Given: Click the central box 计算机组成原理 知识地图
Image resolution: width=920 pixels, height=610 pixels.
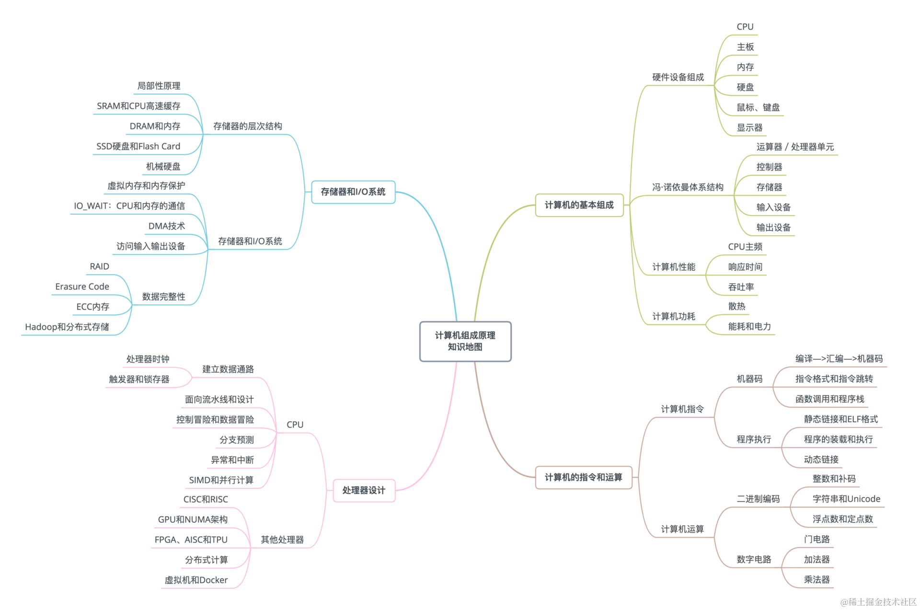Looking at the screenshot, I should (465, 341).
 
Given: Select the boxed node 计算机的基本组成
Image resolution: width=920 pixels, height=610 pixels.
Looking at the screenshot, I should (579, 205).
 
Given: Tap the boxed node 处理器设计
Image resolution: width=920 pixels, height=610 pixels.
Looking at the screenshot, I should (364, 490).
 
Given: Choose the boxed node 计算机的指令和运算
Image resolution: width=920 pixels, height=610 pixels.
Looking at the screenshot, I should (583, 477).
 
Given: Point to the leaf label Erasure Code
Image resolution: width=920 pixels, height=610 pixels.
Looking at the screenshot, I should (82, 287).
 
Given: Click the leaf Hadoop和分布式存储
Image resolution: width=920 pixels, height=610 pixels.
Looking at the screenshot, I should (67, 327).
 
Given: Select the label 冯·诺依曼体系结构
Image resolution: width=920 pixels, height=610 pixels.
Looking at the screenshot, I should (688, 187).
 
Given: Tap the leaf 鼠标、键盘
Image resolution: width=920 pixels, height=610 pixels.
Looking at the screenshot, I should (758, 107).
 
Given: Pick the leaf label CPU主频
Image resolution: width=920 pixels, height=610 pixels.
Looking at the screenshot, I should (745, 247).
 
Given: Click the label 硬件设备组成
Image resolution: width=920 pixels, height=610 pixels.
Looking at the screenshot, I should (678, 77).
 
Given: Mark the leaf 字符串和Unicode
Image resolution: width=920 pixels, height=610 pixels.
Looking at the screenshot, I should (846, 499).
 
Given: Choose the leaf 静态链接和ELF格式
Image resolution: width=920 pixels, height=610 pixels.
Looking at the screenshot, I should (841, 419).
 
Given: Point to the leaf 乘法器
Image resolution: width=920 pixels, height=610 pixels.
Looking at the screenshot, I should (816, 579).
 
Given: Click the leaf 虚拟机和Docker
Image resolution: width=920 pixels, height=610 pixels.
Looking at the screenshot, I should (196, 580).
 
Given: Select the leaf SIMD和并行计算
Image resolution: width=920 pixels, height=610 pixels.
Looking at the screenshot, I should (221, 480).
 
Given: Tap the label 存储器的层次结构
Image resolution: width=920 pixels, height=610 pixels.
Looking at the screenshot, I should (247, 126).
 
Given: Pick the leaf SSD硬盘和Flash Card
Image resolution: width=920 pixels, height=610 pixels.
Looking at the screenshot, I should (138, 146).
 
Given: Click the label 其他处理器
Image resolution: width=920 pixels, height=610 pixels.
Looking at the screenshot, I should (282, 540).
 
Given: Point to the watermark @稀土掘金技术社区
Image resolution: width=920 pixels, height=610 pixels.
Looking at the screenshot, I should (878, 602).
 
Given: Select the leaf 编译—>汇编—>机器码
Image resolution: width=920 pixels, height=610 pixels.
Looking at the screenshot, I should (839, 358).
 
